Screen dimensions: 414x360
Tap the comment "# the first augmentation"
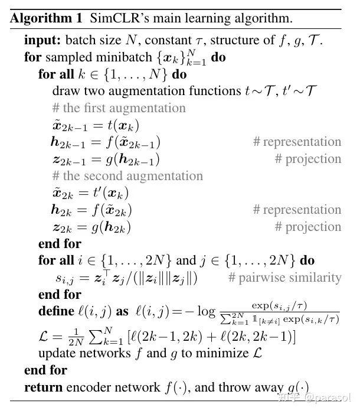pyautogui.click(x=119, y=108)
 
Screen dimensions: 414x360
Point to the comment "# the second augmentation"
pyautogui.click(x=127, y=176)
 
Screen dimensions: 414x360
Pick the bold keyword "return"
pyautogui.click(x=43, y=387)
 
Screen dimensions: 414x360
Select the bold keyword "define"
pyautogui.click(x=58, y=312)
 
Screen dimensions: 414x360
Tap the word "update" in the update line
pyautogui.click(x=55, y=354)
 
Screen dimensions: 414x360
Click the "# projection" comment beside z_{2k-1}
pyautogui.click(x=308, y=159)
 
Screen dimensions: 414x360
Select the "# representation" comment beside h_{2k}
pyautogui.click(x=297, y=210)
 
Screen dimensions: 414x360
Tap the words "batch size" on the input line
pyautogui.click(x=85, y=41)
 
